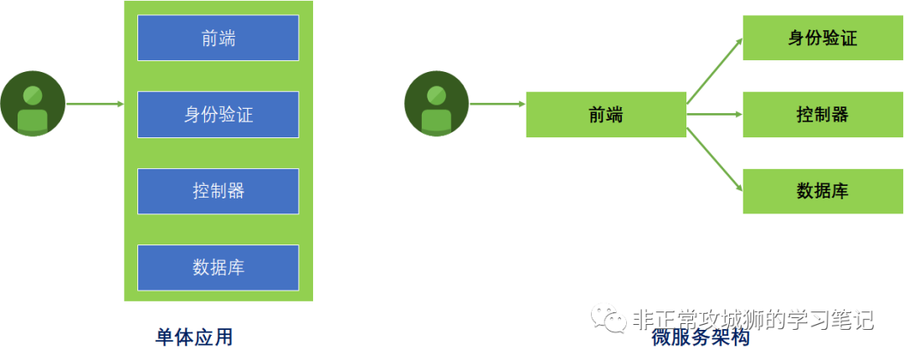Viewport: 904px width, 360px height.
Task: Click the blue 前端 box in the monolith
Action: (218, 38)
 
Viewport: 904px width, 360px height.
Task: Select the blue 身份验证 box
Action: (218, 115)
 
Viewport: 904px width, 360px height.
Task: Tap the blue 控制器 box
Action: (218, 191)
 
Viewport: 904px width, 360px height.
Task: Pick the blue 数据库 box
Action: (218, 268)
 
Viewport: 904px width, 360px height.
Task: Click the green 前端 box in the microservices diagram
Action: (606, 115)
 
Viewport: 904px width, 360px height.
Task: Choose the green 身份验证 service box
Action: (823, 38)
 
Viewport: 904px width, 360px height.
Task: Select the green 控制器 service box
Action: (823, 115)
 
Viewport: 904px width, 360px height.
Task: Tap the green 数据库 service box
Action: (823, 191)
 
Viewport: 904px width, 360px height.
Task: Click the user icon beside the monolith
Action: (33, 104)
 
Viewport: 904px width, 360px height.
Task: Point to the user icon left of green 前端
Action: (436, 104)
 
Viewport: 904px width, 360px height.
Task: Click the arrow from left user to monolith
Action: (95, 105)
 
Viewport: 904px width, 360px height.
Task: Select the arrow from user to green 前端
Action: (497, 105)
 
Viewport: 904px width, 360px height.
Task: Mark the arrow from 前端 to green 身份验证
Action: (714, 70)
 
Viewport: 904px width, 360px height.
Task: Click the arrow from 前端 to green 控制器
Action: (715, 114)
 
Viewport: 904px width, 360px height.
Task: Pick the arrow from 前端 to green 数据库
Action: (714, 159)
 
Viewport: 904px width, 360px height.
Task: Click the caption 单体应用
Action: (194, 337)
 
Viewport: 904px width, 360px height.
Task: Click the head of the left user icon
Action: (33, 95)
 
